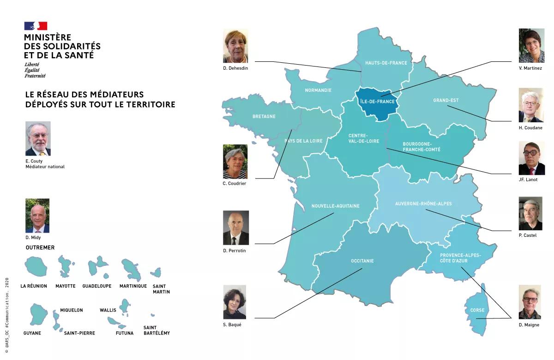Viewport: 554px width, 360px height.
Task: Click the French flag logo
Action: coord(36,26)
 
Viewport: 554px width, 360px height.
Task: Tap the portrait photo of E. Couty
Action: coord(38,138)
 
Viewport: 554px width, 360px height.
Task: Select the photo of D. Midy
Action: coord(37,216)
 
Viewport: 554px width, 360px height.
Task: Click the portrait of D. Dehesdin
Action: coord(235,46)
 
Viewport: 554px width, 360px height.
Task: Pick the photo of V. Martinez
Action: coord(531,45)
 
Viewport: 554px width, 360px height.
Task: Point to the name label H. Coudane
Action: coord(530,128)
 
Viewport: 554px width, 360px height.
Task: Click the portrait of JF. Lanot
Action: coord(531,158)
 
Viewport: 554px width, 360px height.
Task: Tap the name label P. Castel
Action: coord(528,235)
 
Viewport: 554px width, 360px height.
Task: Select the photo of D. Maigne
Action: coord(530,302)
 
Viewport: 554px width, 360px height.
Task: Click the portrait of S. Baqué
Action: coord(235,302)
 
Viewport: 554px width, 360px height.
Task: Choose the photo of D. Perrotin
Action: coord(236,228)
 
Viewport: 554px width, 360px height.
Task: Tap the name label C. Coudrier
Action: coord(234,183)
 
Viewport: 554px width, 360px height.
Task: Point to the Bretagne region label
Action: coord(264,117)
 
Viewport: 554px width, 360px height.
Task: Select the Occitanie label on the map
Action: coord(362,261)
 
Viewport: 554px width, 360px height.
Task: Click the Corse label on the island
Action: coord(477,311)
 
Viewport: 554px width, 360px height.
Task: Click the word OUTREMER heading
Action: coord(40,248)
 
